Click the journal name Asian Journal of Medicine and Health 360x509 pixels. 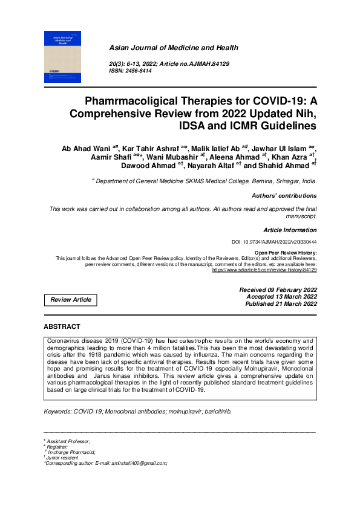tap(173, 48)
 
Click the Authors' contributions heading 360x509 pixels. tap(284, 196)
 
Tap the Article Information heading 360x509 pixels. tap(290, 230)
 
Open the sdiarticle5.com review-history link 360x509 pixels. tap(264, 270)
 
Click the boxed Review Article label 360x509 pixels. tap(71, 300)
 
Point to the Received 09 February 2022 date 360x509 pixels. tap(278, 290)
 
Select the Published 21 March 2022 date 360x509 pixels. tap(281, 304)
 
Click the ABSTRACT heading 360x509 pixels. tap(62, 326)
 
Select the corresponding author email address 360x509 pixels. tap(134, 463)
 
